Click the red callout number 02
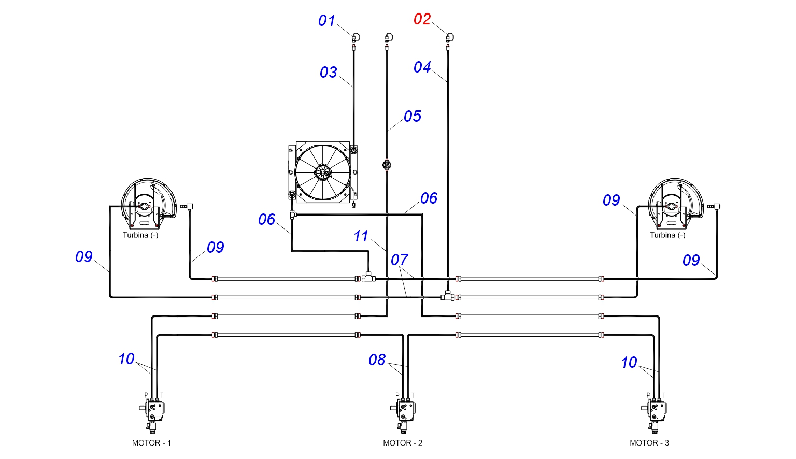(422, 19)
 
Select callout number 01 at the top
(326, 21)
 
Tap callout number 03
(329, 73)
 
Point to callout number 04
(422, 67)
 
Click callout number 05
(412, 116)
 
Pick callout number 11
(361, 236)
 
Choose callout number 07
(400, 260)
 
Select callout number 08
(377, 360)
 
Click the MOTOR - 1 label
(151, 443)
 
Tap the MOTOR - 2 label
(403, 443)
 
